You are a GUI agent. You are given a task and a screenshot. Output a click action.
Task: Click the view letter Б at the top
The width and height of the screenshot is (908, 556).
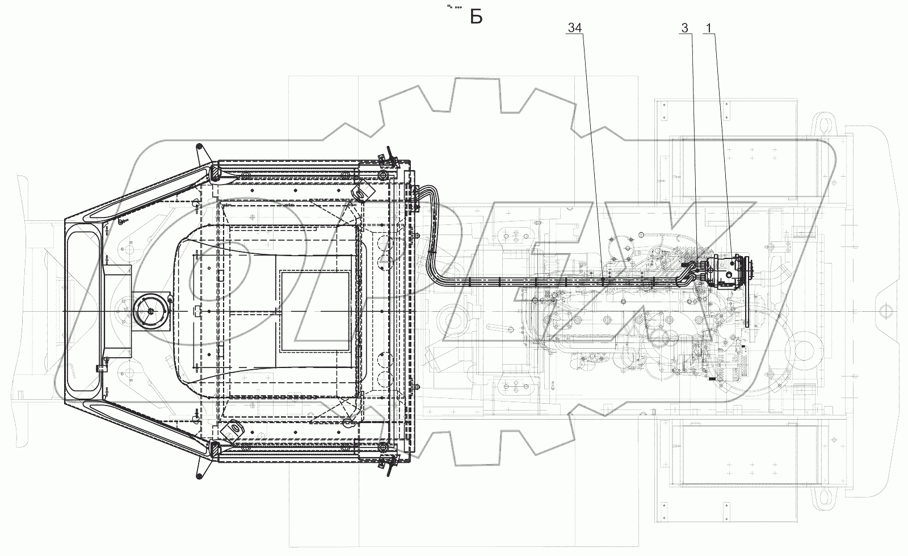(x=476, y=18)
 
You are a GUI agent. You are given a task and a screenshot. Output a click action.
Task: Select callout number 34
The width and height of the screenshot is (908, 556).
(x=575, y=28)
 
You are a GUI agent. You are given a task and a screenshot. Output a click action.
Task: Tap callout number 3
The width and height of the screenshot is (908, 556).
(x=684, y=28)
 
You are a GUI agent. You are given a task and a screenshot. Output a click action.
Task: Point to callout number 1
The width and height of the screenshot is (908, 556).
(x=709, y=28)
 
